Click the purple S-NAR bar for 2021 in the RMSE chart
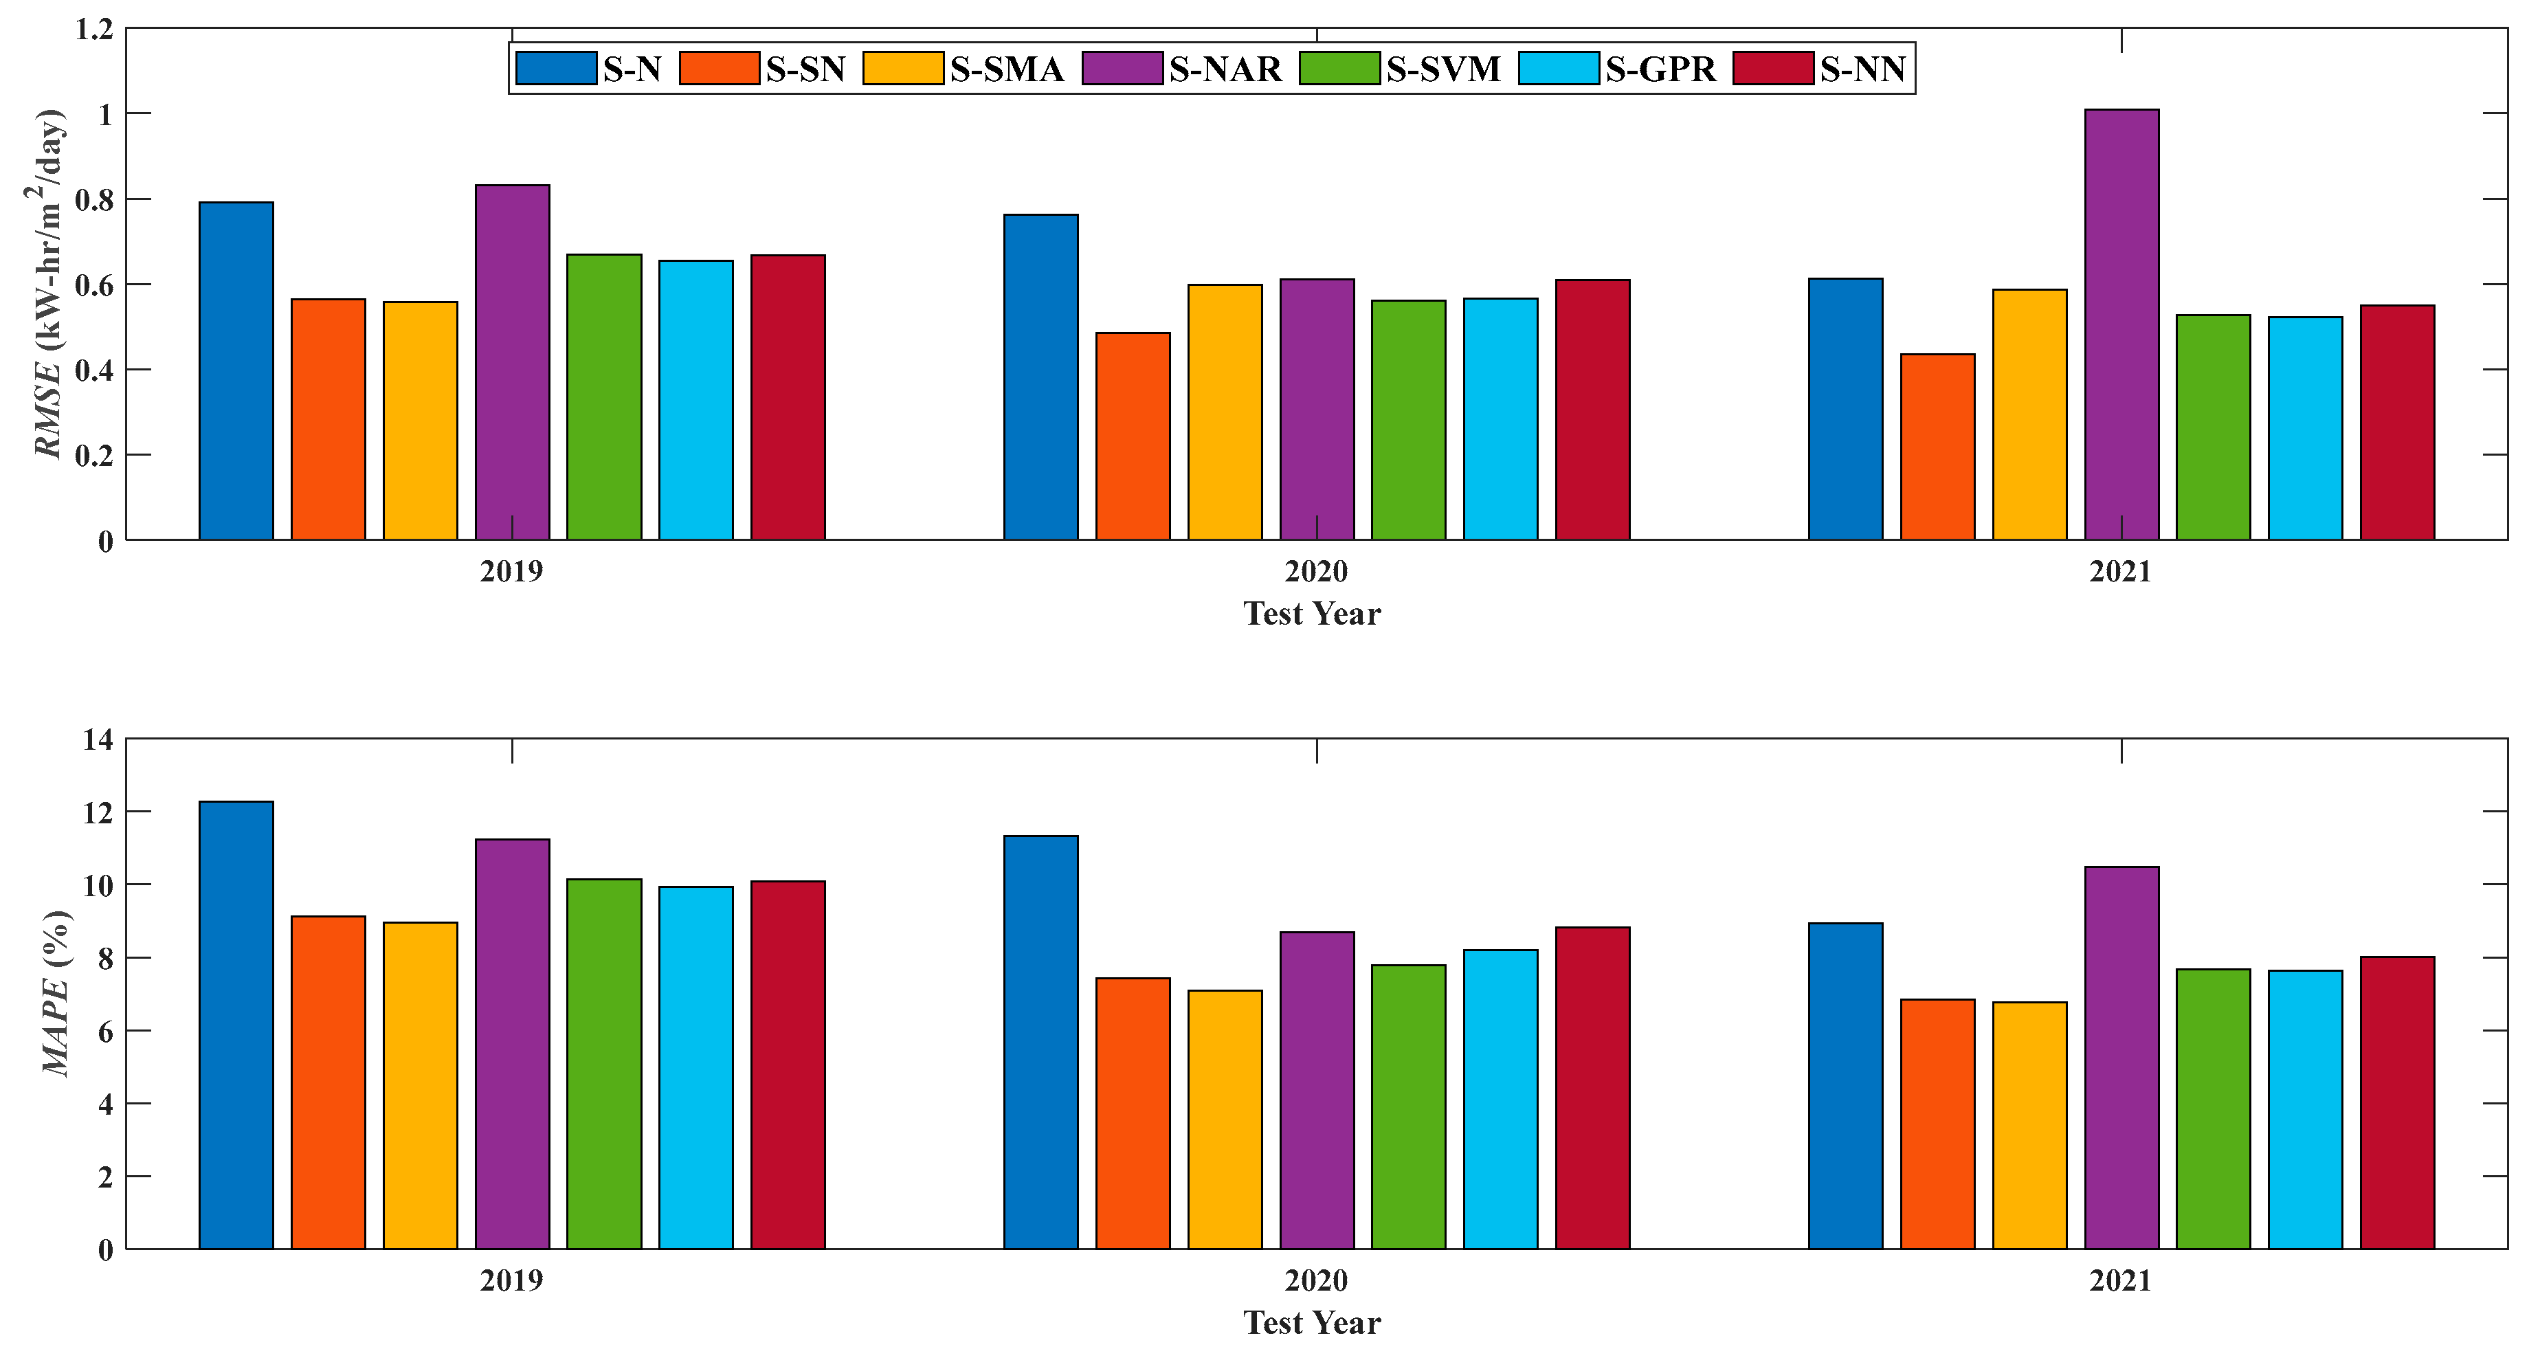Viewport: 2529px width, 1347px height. point(2121,324)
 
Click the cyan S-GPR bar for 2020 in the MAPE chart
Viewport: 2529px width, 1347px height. point(1500,1099)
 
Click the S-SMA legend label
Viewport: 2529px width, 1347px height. point(1006,69)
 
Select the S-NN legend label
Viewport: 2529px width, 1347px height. point(1862,69)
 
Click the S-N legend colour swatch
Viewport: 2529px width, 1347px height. point(556,69)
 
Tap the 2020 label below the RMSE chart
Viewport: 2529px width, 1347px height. point(1315,570)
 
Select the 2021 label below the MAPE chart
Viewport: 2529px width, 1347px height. point(2119,1280)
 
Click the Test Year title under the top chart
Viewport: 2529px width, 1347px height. point(1312,614)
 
